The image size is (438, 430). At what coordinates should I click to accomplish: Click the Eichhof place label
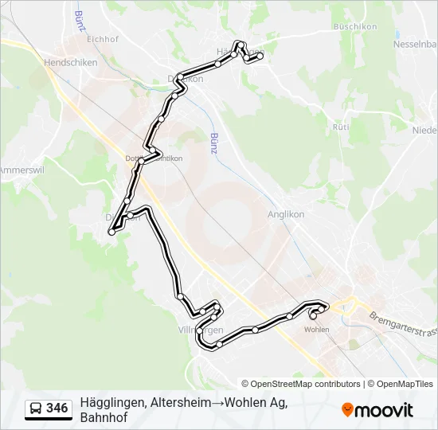[x=102, y=38]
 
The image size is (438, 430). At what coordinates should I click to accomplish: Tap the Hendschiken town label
[x=70, y=61]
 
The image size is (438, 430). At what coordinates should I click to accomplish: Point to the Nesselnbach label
[x=409, y=45]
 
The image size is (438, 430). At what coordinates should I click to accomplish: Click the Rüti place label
[x=341, y=127]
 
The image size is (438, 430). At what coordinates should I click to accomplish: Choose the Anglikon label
[x=287, y=214]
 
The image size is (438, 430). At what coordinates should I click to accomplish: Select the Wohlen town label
[x=317, y=329]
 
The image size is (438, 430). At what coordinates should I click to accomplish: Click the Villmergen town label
[x=200, y=330]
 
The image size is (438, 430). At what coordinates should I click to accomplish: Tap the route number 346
[x=57, y=408]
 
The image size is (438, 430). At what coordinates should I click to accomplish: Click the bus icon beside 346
[x=37, y=409]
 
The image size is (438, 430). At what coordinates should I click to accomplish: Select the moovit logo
[x=377, y=409]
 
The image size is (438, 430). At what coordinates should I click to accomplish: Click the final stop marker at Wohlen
[x=313, y=316]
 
